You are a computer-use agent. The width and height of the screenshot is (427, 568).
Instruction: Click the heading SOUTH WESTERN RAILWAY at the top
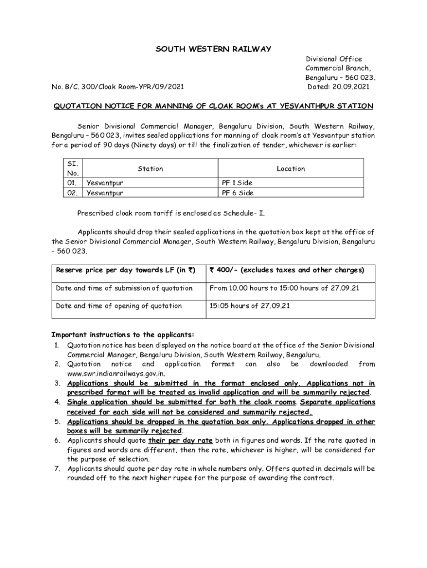[213, 49]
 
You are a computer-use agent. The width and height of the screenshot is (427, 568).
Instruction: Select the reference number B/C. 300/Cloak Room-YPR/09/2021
[123, 87]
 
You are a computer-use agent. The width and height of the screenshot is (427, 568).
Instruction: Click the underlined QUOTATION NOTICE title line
[213, 106]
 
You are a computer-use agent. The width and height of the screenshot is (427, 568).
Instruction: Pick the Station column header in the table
[150, 169]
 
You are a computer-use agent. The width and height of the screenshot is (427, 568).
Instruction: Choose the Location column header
[291, 169]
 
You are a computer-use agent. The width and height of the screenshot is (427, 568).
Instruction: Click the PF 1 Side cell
[237, 182]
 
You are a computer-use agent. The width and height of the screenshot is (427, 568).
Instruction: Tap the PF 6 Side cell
[237, 193]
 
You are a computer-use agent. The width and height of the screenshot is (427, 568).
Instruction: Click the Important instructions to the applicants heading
[123, 334]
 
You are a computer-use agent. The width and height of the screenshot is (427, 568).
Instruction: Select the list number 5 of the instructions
[57, 422]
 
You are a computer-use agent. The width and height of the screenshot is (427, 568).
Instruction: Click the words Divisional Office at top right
[334, 59]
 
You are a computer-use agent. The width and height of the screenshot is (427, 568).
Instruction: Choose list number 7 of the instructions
[57, 469]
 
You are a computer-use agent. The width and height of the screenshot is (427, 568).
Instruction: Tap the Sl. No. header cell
[72, 169]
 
